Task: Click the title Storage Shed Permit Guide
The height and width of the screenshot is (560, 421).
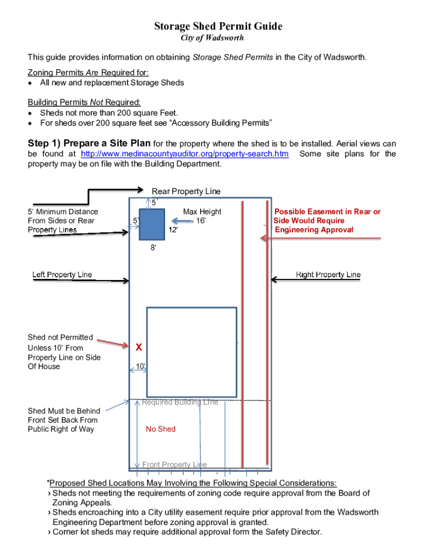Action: pyautogui.click(x=218, y=26)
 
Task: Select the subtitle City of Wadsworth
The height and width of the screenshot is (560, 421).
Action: pyautogui.click(x=212, y=38)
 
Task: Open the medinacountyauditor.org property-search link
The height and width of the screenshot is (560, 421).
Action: pyautogui.click(x=184, y=154)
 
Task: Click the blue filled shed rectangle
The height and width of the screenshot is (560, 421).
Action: pyautogui.click(x=152, y=224)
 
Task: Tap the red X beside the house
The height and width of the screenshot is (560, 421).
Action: pyautogui.click(x=139, y=347)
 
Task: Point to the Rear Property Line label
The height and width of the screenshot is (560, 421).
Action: pyautogui.click(x=186, y=191)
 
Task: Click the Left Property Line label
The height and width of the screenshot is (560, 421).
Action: pyautogui.click(x=62, y=275)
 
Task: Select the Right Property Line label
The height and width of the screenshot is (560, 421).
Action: pyautogui.click(x=328, y=275)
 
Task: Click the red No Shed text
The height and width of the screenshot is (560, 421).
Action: pyautogui.click(x=161, y=429)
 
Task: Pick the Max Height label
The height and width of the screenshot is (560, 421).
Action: pyautogui.click(x=202, y=212)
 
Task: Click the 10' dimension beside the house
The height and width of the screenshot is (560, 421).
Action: pyautogui.click(x=141, y=366)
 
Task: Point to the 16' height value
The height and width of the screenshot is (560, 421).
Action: pyautogui.click(x=201, y=221)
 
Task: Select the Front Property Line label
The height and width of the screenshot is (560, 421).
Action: pyautogui.click(x=174, y=465)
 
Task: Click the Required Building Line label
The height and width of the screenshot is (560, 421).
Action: pyautogui.click(x=180, y=402)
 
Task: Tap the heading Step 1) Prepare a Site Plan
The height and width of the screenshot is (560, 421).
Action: pyautogui.click(x=89, y=143)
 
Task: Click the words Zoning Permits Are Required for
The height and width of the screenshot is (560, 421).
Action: pyautogui.click(x=88, y=73)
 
